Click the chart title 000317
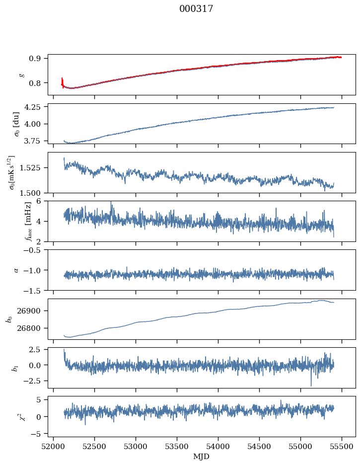(x=196, y=8)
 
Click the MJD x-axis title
(x=201, y=456)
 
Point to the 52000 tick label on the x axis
(x=53, y=447)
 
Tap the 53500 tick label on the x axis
(x=177, y=447)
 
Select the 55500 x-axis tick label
(x=342, y=447)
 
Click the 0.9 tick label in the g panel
(x=34, y=59)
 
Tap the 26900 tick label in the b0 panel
(x=28, y=311)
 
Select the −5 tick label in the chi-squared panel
(x=36, y=434)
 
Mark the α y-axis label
(x=16, y=270)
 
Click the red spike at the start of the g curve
(x=62, y=82)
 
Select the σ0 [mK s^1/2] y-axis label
(x=12, y=172)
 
